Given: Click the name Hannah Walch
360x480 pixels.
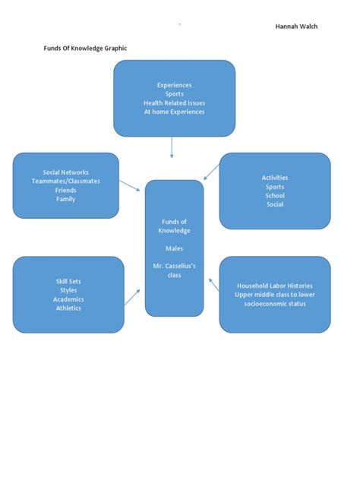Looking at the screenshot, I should click(x=296, y=27).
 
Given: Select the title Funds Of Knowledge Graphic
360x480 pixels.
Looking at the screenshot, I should click(x=85, y=49).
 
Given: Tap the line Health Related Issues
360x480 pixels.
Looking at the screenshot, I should click(x=174, y=103).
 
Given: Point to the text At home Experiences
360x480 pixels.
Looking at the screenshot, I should click(x=174, y=112).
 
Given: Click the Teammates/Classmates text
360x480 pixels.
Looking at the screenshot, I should click(x=65, y=182).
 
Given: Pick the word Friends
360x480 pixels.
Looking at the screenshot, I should click(x=65, y=191).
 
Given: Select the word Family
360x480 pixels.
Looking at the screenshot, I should click(x=65, y=200).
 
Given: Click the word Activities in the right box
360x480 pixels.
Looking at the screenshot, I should click(x=275, y=178).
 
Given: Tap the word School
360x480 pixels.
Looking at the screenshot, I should click(x=275, y=196).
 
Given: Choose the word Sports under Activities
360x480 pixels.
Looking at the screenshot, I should click(x=275, y=187).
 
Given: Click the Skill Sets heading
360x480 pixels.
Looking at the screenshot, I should click(x=68, y=281).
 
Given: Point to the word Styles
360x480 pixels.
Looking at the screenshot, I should click(x=68, y=290).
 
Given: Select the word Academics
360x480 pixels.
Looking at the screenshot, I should click(x=68, y=299).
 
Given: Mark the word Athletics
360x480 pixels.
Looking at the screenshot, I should click(x=68, y=308).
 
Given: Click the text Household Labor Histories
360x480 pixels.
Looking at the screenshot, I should click(x=275, y=286).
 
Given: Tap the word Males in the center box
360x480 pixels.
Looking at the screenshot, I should click(x=174, y=248).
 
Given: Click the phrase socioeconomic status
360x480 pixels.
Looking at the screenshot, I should click(x=275, y=304).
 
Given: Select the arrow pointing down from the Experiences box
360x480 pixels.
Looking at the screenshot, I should click(x=172, y=147).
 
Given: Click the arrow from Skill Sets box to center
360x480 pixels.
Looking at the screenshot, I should click(x=132, y=296).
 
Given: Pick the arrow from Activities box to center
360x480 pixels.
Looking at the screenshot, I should click(x=212, y=172).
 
